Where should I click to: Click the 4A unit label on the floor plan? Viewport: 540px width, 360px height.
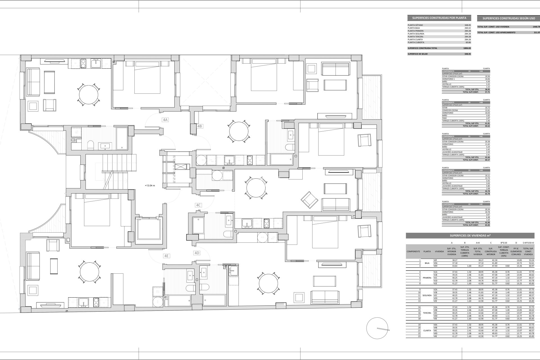click(x=165, y=120)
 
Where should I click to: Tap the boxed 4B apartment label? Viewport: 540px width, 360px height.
click(x=199, y=126)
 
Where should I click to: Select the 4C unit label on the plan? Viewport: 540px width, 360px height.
click(x=198, y=205)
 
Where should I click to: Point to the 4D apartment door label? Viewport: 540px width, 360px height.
click(x=197, y=253)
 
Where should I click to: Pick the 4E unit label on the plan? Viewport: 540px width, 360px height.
click(x=166, y=256)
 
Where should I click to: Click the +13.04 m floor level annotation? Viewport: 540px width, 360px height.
click(x=150, y=185)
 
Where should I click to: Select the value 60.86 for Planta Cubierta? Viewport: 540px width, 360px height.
click(x=467, y=42)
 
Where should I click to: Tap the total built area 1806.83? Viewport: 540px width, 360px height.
click(x=467, y=48)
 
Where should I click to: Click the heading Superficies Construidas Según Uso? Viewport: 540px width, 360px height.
click(x=508, y=18)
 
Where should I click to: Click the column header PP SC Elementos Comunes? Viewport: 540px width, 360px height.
click(x=516, y=251)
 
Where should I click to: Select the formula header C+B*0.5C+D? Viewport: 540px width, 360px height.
click(x=528, y=242)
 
